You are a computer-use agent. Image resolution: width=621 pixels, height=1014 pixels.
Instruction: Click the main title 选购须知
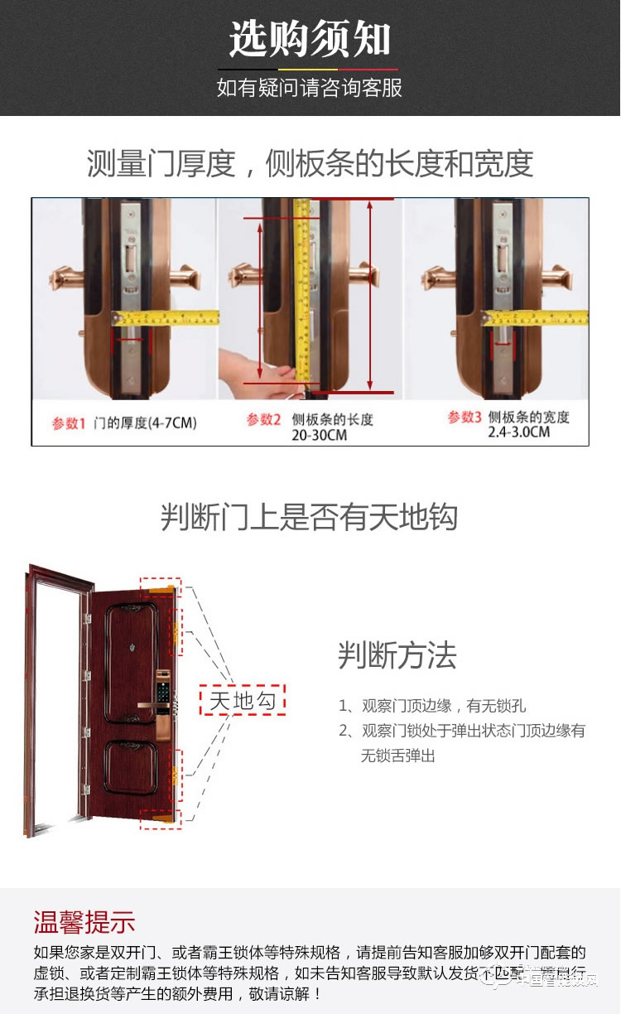pyautogui.click(x=310, y=39)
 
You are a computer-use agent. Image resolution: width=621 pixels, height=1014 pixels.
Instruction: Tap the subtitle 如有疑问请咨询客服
pyautogui.click(x=310, y=88)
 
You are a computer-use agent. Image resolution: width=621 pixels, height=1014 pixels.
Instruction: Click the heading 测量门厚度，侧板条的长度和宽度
pyautogui.click(x=310, y=163)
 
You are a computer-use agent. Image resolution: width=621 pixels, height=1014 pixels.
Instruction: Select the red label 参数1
pyautogui.click(x=70, y=423)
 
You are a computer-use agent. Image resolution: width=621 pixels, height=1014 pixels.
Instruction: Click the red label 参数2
pyautogui.click(x=264, y=420)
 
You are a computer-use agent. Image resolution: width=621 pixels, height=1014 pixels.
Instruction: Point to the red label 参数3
pyautogui.click(x=465, y=418)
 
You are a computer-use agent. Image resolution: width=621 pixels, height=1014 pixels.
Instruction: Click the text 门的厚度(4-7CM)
pyautogui.click(x=144, y=423)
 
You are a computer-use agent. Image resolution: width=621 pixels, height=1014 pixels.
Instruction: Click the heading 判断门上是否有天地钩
pyautogui.click(x=310, y=517)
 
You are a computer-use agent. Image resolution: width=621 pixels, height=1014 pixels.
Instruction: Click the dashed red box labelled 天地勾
pyautogui.click(x=242, y=700)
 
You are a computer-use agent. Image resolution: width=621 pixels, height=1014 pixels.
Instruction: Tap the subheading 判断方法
pyautogui.click(x=397, y=655)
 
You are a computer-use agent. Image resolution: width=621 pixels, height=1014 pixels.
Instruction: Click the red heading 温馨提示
pyautogui.click(x=84, y=921)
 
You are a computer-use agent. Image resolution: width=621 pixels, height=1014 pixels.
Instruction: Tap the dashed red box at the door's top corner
pyautogui.click(x=160, y=587)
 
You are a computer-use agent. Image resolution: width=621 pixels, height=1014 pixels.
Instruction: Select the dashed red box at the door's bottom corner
pyautogui.click(x=159, y=818)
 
